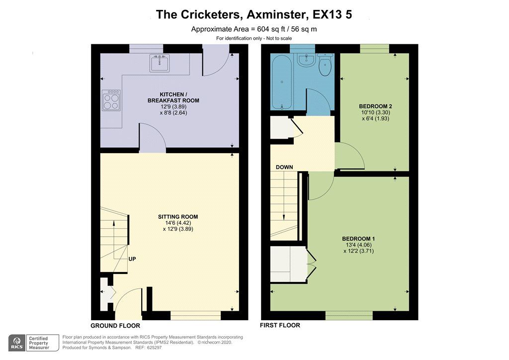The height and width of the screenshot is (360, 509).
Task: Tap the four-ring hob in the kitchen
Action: point(111,101)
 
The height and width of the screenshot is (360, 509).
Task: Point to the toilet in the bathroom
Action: point(325,66)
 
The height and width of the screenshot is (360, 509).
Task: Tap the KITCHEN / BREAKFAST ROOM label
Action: point(173,97)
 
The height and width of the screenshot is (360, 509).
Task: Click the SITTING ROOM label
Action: point(178,217)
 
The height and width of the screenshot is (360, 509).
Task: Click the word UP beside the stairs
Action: point(132,259)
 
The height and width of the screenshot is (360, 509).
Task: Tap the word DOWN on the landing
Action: point(284,167)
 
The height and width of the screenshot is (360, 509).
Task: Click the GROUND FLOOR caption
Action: point(115,326)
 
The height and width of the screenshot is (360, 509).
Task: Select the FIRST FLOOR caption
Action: point(280,326)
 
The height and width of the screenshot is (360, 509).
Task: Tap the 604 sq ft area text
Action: point(254,29)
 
